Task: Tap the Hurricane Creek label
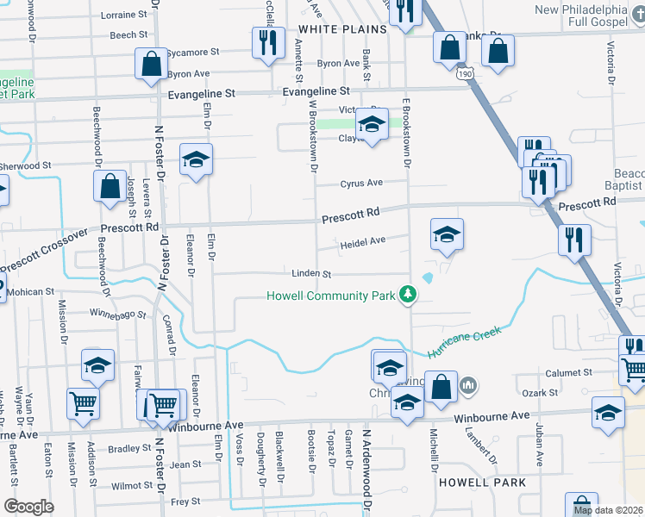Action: tap(462, 344)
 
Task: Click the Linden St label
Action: tap(311, 274)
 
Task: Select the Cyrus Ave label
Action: tap(360, 184)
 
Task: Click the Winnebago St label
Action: tap(118, 314)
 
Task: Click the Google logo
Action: tap(28, 506)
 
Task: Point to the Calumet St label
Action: tap(569, 373)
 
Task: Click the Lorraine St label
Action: tap(123, 16)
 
